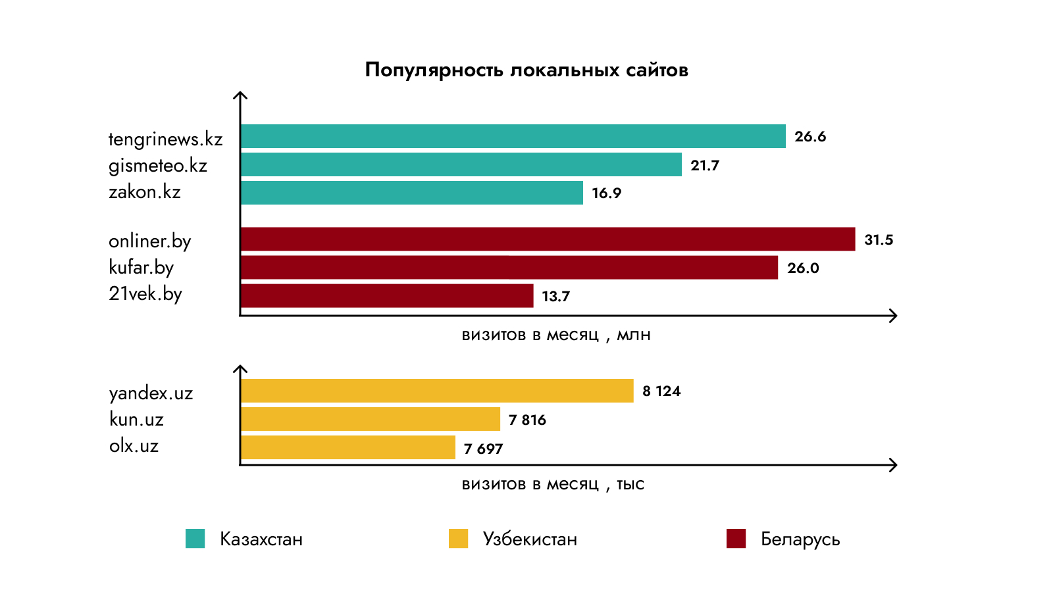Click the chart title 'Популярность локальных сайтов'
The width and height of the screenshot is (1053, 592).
(526, 70)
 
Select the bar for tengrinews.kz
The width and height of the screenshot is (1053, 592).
(513, 136)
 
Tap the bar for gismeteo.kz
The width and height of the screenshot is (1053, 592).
(461, 164)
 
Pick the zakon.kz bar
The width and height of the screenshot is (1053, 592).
(411, 193)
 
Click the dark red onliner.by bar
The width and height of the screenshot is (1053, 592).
(548, 239)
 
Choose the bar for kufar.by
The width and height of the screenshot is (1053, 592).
(509, 268)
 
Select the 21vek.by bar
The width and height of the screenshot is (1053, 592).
(387, 296)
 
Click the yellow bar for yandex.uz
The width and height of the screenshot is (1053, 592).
(437, 391)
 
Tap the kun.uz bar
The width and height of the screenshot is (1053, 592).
(370, 419)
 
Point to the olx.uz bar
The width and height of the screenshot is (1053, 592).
(347, 447)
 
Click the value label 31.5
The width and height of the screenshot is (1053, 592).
(879, 240)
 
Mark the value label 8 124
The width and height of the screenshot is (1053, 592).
(661, 391)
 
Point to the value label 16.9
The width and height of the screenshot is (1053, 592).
(606, 193)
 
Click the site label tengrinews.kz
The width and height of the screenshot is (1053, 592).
(165, 139)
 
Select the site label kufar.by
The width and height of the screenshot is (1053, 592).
(141, 268)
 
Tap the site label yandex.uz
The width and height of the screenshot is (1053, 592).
(151, 393)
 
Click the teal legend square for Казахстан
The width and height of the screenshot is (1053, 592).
(195, 539)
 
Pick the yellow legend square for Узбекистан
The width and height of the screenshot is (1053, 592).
(458, 539)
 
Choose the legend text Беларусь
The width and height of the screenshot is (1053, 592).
(800, 539)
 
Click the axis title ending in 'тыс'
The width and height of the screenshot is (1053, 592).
(553, 485)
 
